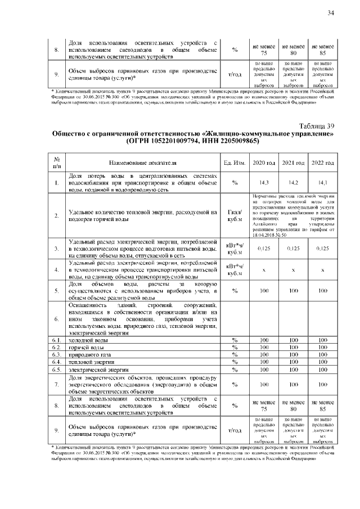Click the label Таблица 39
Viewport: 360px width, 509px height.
coord(315,126)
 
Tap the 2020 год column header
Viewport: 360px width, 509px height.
coord(264,163)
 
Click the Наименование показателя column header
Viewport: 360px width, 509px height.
coord(143,163)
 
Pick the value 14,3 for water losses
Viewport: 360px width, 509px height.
coord(264,183)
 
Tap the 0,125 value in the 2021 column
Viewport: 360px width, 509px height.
coord(293,249)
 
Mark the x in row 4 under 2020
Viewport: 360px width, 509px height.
coord(264,270)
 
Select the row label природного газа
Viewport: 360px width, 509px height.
coord(90,355)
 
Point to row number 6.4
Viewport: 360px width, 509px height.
coord(57,363)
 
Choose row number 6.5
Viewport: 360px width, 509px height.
coord(57,370)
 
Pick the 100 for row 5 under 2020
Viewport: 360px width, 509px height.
coord(264,291)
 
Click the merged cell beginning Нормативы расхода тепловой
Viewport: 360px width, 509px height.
coord(293,215)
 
